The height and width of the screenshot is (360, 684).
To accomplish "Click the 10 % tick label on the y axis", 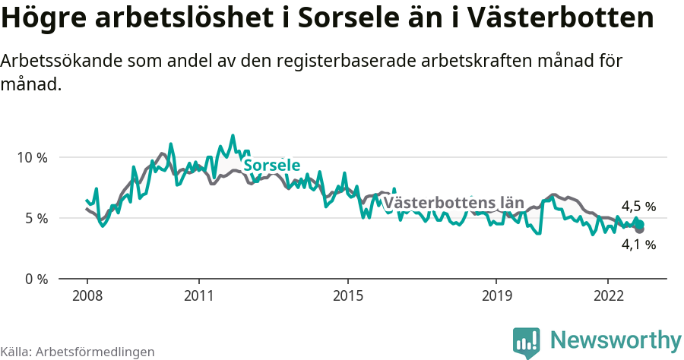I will click(x=31, y=158).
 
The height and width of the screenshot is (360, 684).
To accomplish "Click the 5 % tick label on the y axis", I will click(x=34, y=219).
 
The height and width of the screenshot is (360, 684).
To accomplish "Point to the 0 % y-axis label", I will click(x=34, y=279).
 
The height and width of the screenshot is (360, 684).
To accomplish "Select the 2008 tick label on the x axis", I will click(x=87, y=295).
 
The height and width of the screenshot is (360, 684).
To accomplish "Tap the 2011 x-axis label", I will click(x=198, y=295).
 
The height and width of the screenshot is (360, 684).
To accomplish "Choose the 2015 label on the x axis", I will click(x=347, y=295).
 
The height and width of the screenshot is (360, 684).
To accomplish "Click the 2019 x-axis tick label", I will click(x=496, y=295).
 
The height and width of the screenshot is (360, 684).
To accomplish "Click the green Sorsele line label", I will click(x=271, y=166).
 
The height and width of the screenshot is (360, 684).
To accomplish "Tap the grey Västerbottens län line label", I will click(x=454, y=203).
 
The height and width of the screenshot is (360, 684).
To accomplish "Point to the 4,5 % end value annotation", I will click(x=638, y=207).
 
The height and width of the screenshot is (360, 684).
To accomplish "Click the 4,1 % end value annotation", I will click(x=638, y=245).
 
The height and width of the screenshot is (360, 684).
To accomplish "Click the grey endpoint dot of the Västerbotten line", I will click(x=640, y=229).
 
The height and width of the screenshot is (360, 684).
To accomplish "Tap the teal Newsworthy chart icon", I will click(x=527, y=342).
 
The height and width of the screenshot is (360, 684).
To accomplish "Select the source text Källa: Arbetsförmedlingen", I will click(x=78, y=352).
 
